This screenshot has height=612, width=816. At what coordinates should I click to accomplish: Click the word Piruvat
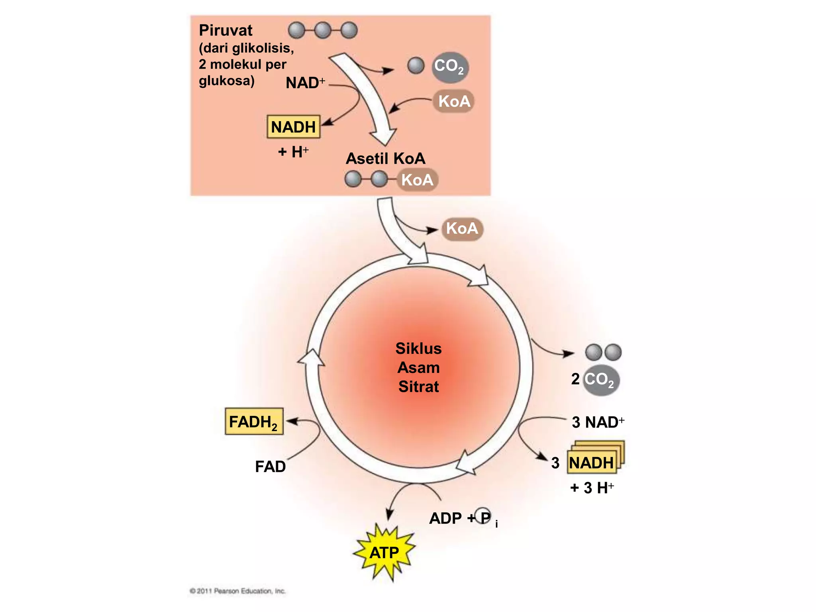pos(226,31)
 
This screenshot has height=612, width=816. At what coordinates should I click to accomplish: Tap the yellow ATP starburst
pos(384,553)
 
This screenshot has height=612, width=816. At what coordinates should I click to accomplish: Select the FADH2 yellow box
pos(254,422)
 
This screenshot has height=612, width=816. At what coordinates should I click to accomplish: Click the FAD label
pos(270,467)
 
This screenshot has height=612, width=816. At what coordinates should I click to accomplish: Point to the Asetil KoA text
pos(385,159)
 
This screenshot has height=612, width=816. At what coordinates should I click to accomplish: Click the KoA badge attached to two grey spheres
pos(417,180)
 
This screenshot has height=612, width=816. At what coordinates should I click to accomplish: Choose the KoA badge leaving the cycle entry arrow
pos(462,229)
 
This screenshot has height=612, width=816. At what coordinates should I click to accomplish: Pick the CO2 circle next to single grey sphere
pos(450,67)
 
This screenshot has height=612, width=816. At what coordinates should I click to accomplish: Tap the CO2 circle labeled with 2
pos(600,380)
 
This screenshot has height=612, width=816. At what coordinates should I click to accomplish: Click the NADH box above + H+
pos(293,127)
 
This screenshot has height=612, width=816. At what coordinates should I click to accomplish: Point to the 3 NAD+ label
pos(598,422)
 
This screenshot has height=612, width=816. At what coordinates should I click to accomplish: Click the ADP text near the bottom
pos(445,518)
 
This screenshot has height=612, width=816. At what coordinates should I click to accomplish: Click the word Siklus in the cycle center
pos(418,349)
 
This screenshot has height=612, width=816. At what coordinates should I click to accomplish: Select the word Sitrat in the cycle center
pos(418,386)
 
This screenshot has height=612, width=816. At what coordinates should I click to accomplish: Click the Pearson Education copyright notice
pos(238,591)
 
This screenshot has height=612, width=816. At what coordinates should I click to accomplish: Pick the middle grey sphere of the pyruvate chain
pos(323,30)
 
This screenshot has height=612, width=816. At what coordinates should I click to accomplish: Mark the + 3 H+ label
pos(592,488)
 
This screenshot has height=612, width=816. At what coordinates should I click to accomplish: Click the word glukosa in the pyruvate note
pos(226,81)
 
